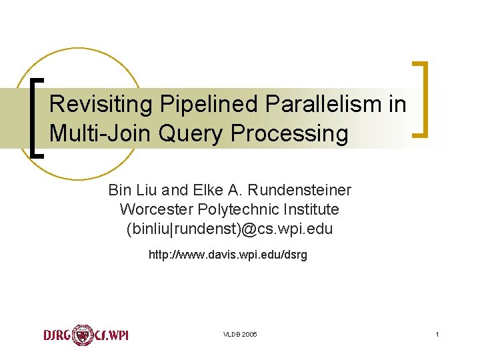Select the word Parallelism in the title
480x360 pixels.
(x=313, y=104)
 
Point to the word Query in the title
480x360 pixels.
(x=192, y=134)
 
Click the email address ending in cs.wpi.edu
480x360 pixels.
(x=229, y=229)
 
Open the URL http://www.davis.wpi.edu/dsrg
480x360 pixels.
(x=228, y=255)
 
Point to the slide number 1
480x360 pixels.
(x=437, y=334)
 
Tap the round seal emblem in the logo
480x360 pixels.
(x=83, y=334)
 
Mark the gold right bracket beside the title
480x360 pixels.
(x=420, y=99)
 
